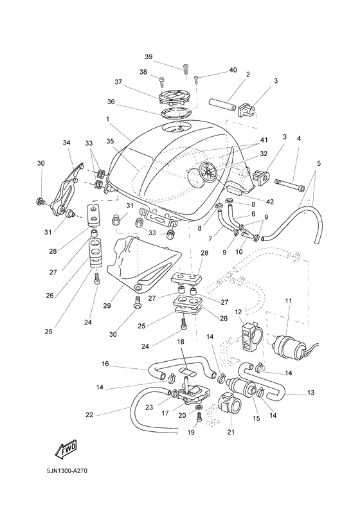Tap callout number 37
point(118,82)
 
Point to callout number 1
point(109,119)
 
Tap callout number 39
point(148,57)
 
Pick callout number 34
point(66,142)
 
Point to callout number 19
point(190,433)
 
